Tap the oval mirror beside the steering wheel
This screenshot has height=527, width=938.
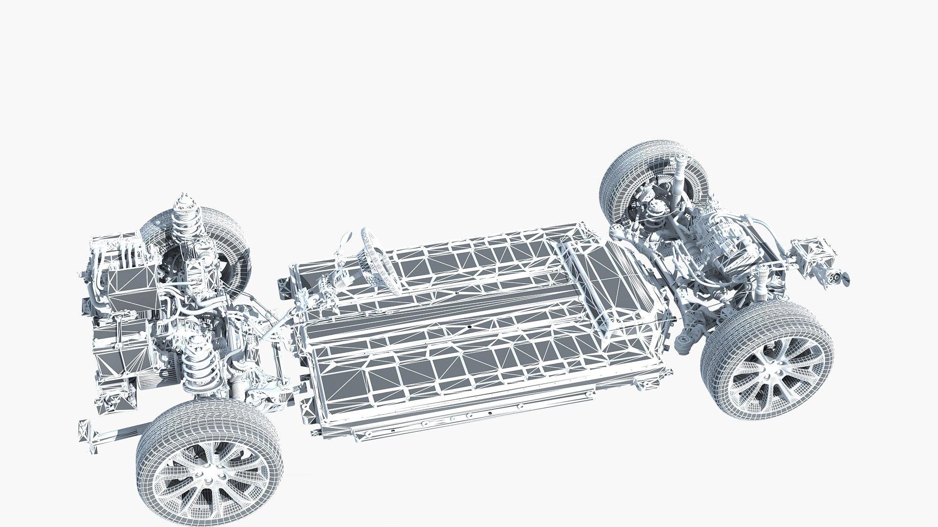point(345,238)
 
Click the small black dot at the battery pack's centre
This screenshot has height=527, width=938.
point(469,325)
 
